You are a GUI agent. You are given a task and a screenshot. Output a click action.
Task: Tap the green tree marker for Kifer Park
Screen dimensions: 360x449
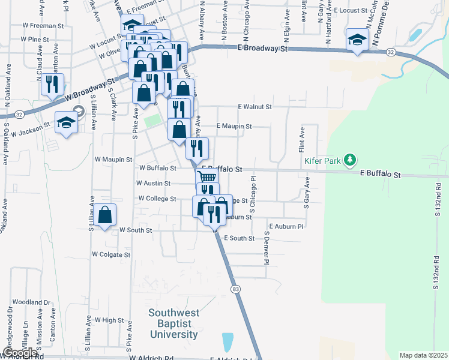pyautogui.click(x=349, y=160)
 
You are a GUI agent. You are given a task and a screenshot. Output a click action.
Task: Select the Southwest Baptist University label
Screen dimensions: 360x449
pyautogui.click(x=173, y=323)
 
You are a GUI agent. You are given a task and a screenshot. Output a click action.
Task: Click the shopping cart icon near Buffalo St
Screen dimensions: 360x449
pyautogui.click(x=206, y=176)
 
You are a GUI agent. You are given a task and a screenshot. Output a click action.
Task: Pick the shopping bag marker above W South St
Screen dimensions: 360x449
pyautogui.click(x=105, y=215)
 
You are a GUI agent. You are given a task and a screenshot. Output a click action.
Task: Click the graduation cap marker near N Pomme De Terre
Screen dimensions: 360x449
pyautogui.click(x=357, y=40)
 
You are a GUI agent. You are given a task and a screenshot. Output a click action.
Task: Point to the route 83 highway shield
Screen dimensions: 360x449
pyautogui.click(x=235, y=289)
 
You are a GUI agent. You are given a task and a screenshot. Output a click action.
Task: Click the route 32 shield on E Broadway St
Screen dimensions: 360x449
pyautogui.click(x=390, y=53)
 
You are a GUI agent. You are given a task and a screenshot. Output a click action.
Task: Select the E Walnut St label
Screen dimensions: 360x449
pyautogui.click(x=255, y=106)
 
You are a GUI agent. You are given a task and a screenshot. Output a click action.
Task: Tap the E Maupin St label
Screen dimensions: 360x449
pyautogui.click(x=234, y=127)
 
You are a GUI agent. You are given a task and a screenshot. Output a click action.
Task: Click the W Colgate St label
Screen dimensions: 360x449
pyautogui.click(x=111, y=254)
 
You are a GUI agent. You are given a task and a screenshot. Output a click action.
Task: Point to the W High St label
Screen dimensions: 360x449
pyautogui.click(x=109, y=320)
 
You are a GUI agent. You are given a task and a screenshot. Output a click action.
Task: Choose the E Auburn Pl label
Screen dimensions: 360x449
pyautogui.click(x=287, y=226)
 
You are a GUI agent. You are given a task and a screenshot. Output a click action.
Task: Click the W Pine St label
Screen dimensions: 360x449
pyautogui.click(x=34, y=38)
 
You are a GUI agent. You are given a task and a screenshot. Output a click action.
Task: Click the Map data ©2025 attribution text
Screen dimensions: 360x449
pyautogui.click(x=423, y=355)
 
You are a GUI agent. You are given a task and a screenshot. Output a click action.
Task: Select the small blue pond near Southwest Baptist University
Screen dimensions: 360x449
pyautogui.click(x=228, y=342)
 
